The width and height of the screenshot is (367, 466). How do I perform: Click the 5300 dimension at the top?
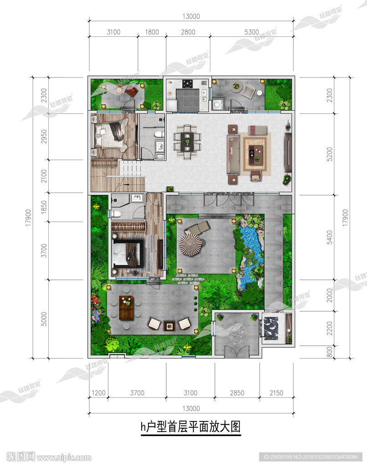(251, 32)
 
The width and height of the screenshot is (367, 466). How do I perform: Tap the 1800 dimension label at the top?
(152, 32)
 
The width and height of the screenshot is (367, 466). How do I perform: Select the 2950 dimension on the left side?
(44, 137)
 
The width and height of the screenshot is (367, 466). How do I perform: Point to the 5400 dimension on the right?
(329, 238)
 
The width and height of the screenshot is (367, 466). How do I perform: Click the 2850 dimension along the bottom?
(237, 393)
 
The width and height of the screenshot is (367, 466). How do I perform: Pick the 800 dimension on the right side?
(329, 352)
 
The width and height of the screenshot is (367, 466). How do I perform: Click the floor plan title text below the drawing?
(191, 427)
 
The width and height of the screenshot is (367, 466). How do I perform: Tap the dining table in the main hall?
(187, 142)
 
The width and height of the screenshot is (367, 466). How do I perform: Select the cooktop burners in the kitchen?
(187, 84)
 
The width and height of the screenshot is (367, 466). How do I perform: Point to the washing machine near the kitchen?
(217, 105)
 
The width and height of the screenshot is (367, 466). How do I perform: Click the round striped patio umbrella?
(190, 244)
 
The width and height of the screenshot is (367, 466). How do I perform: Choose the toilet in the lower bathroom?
(116, 213)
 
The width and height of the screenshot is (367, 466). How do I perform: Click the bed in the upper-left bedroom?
(111, 133)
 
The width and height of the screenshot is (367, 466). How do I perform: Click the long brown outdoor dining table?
(126, 308)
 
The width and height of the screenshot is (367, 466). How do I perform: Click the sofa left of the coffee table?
(234, 154)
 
